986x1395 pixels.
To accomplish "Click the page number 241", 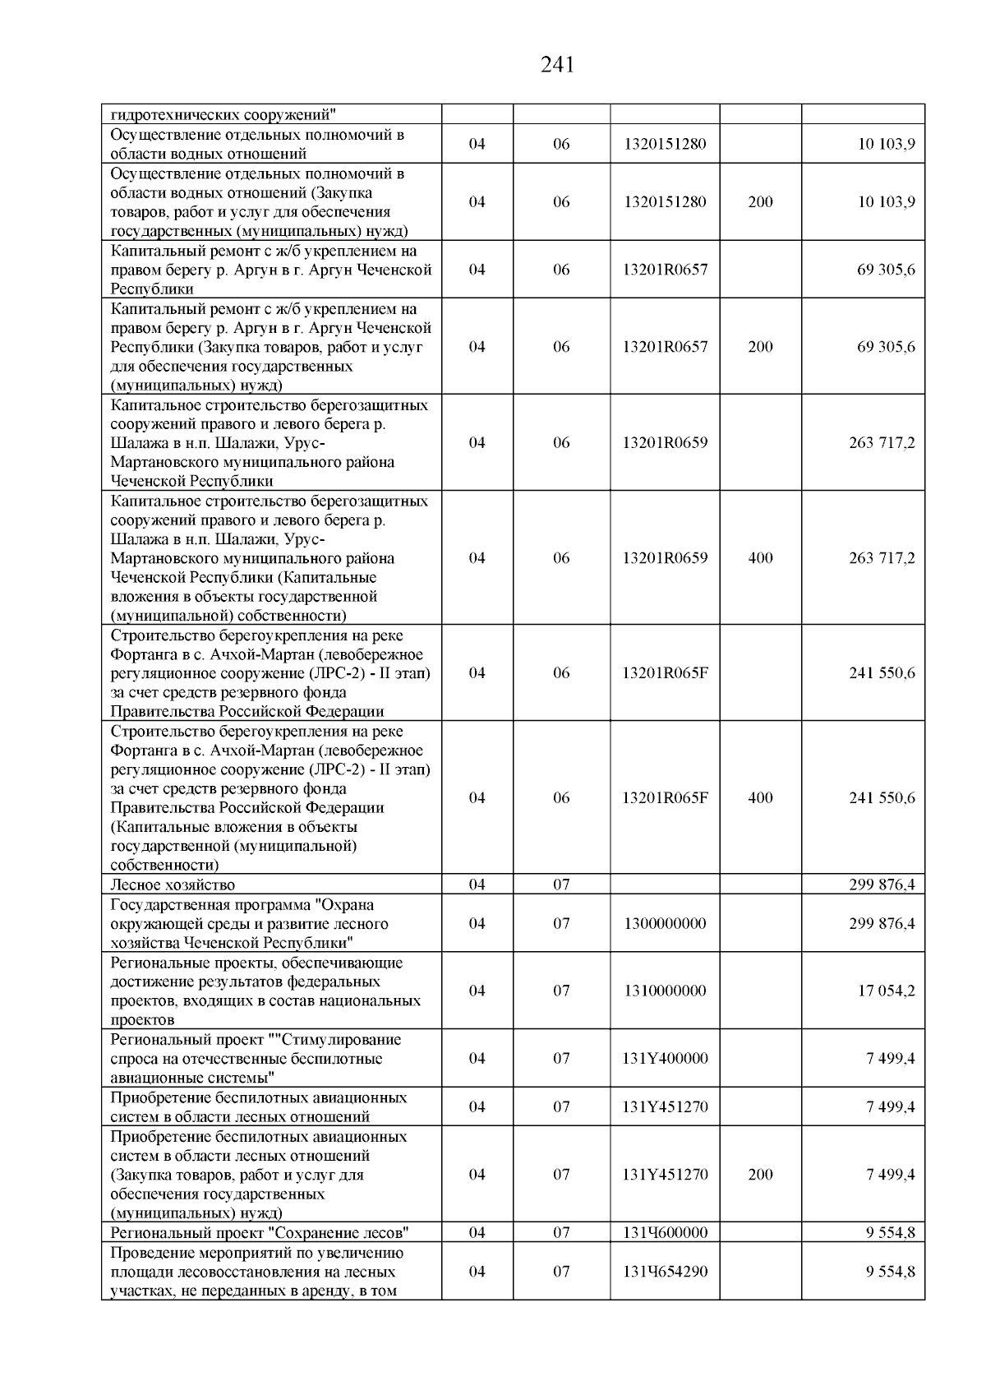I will (x=558, y=65).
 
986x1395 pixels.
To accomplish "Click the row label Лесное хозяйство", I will (x=173, y=885).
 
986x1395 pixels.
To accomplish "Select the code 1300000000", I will (x=664, y=923).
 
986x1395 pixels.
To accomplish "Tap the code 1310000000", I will (x=664, y=991).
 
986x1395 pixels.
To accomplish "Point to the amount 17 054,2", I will (x=887, y=991).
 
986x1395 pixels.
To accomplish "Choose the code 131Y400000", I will (x=665, y=1058).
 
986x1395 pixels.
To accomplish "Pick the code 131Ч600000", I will (x=665, y=1232).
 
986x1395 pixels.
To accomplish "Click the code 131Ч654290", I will (x=665, y=1271).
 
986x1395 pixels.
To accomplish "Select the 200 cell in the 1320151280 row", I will (x=760, y=202).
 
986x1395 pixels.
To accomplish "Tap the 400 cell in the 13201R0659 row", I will (x=760, y=558).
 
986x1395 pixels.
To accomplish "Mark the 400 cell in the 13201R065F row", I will (x=760, y=797).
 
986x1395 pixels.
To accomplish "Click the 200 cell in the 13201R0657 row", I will (x=760, y=347).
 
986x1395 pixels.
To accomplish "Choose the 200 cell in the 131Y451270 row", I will (x=760, y=1174).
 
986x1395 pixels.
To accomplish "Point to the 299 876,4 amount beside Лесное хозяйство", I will (x=882, y=885).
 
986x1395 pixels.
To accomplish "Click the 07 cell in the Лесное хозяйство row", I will (x=561, y=885).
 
